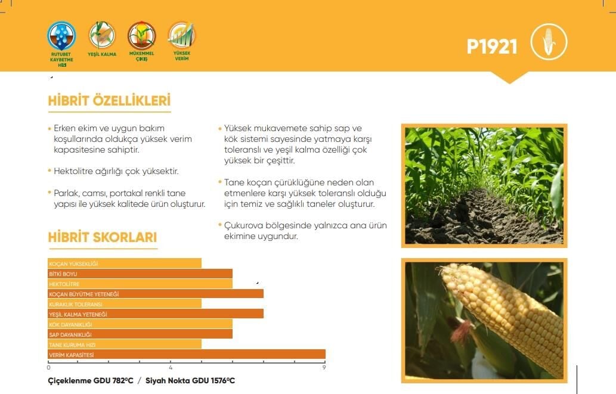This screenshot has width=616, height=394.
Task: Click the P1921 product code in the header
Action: tap(491, 46)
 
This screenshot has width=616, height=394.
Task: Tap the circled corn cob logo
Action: tap(549, 42)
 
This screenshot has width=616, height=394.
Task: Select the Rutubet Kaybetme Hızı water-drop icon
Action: tap(61, 36)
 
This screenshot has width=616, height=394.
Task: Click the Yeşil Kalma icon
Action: tap(102, 35)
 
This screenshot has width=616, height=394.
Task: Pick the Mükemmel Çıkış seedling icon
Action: tap(141, 35)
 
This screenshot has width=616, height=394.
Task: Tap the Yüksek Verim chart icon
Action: tap(181, 35)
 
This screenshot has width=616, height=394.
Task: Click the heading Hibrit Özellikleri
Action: tap(109, 101)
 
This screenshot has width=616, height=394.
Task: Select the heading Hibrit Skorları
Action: tap(103, 237)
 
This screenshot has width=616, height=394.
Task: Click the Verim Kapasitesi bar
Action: tap(187, 354)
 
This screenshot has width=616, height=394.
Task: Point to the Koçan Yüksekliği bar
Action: tap(125, 263)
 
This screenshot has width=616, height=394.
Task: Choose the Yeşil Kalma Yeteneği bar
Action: tap(156, 314)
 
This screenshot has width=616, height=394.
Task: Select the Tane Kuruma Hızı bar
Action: tap(125, 344)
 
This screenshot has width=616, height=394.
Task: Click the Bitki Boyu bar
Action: tap(140, 274)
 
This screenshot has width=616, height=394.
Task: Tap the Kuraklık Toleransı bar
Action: tap(125, 303)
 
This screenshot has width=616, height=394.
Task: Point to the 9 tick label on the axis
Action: tap(324, 368)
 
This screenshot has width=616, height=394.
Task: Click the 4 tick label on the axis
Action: tap(171, 368)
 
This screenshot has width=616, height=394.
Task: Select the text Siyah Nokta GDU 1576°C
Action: tap(190, 381)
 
